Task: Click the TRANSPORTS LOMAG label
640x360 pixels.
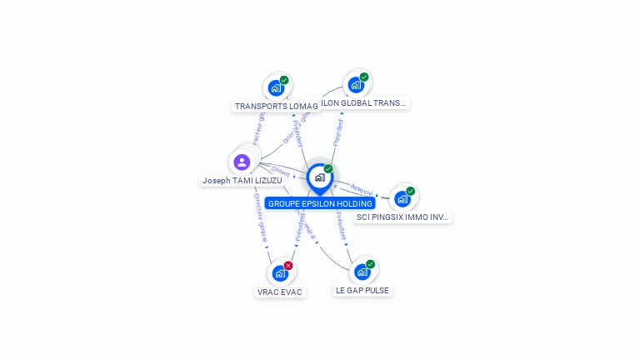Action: click(x=276, y=107)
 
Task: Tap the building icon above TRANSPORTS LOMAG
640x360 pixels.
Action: click(x=276, y=88)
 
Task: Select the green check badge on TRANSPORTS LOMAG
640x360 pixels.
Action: click(x=284, y=81)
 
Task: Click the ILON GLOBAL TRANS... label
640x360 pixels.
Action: click(x=364, y=103)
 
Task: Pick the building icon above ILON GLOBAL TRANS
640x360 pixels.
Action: click(x=356, y=85)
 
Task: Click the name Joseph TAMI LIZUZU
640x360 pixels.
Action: click(x=242, y=180)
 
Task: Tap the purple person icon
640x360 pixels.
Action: click(x=242, y=162)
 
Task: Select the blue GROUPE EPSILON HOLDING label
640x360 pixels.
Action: click(x=320, y=203)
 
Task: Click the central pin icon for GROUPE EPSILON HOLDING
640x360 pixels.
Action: click(x=319, y=177)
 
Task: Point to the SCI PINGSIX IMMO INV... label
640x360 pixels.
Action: click(x=403, y=217)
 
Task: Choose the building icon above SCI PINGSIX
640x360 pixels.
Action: click(x=402, y=198)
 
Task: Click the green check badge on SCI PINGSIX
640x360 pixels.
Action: click(x=410, y=191)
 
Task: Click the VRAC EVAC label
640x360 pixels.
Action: click(x=280, y=292)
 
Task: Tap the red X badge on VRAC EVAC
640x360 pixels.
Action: click(x=288, y=266)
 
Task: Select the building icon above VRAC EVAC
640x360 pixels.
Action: click(x=280, y=273)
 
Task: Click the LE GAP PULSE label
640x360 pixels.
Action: click(x=362, y=291)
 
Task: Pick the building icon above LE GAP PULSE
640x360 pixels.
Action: click(x=362, y=272)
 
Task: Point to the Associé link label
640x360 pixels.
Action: click(x=362, y=190)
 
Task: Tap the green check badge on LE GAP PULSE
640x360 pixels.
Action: click(x=370, y=264)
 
